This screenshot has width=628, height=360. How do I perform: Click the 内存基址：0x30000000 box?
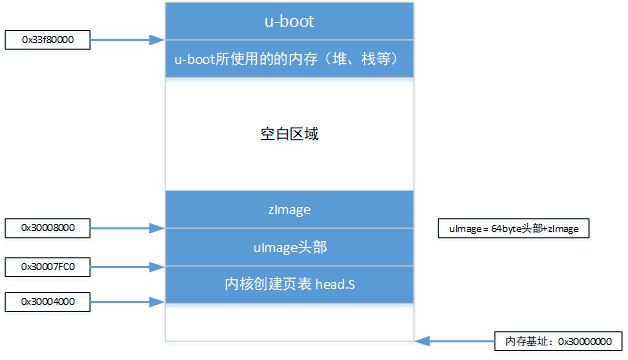(x=557, y=341)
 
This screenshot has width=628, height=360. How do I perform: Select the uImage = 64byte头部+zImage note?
(x=515, y=229)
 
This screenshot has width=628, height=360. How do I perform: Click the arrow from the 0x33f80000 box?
(x=126, y=40)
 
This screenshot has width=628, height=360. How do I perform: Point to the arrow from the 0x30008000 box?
(x=126, y=229)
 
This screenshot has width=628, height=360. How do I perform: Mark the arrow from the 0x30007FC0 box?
(x=126, y=266)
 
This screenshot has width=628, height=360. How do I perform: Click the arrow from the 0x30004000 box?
(x=126, y=300)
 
